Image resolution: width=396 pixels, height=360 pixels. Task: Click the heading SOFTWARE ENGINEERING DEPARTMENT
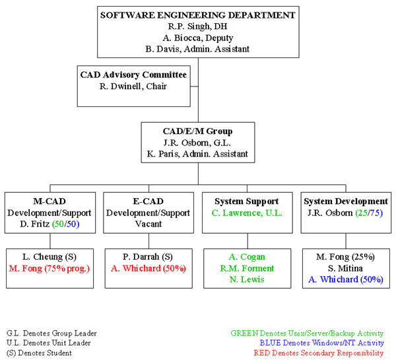pyautogui.click(x=198, y=15)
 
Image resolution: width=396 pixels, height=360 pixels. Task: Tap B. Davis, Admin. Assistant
pyautogui.click(x=198, y=48)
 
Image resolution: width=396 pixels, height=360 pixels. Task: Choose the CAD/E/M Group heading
pyautogui.click(x=197, y=131)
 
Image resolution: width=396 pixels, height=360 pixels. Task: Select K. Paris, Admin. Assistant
pyautogui.click(x=197, y=154)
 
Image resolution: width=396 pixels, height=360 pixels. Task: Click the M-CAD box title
pyautogui.click(x=49, y=201)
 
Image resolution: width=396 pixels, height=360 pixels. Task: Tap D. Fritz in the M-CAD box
pyautogui.click(x=49, y=223)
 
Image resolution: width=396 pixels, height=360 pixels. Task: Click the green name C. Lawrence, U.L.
pyautogui.click(x=247, y=213)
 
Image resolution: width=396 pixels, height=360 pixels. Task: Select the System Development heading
pyautogui.click(x=346, y=201)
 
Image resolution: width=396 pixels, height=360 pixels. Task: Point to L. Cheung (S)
pyautogui.click(x=49, y=256)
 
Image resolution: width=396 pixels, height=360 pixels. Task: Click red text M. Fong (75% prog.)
pyautogui.click(x=49, y=268)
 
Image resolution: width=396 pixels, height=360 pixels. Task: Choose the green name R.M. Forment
pyautogui.click(x=247, y=268)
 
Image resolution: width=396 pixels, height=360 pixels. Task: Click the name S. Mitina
pyautogui.click(x=346, y=268)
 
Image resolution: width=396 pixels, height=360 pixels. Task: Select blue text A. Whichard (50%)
pyautogui.click(x=346, y=279)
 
